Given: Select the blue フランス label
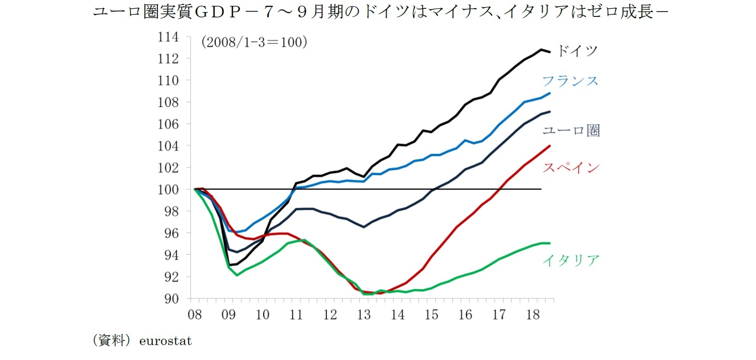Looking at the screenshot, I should coord(570,81).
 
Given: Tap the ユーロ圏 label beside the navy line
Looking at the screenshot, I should coord(571,130).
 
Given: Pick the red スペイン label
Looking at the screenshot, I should coord(571,168).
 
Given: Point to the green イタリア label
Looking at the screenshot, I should coord(571,261).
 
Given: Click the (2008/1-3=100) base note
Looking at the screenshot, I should coord(254,42).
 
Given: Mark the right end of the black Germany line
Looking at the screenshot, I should coord(549,52).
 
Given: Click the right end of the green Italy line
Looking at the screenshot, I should coord(549,243).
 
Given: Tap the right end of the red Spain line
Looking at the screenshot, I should coord(549,146).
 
